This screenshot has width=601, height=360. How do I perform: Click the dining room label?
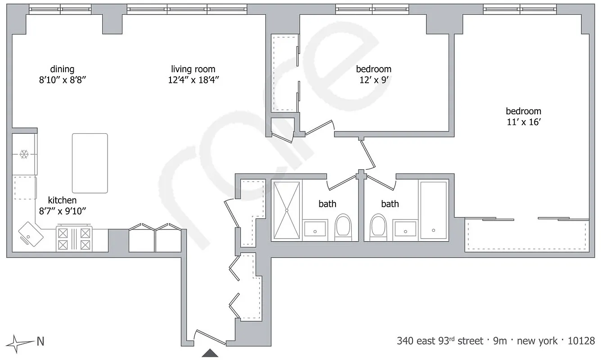pos(62,69)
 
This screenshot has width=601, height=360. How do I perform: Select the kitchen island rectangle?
pos(90,163)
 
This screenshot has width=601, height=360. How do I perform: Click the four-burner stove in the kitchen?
pos(74,238)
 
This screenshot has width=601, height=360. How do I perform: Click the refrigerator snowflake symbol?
pos(24,155)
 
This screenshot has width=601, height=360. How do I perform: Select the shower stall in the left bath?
pos(286,210)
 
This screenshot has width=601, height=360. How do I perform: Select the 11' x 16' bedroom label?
pos(523,111)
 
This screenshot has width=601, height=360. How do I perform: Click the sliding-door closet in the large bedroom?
pos(526,235)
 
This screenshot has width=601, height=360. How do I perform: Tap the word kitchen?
pos(62,200)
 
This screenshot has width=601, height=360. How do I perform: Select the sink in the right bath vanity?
pos(405,229)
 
